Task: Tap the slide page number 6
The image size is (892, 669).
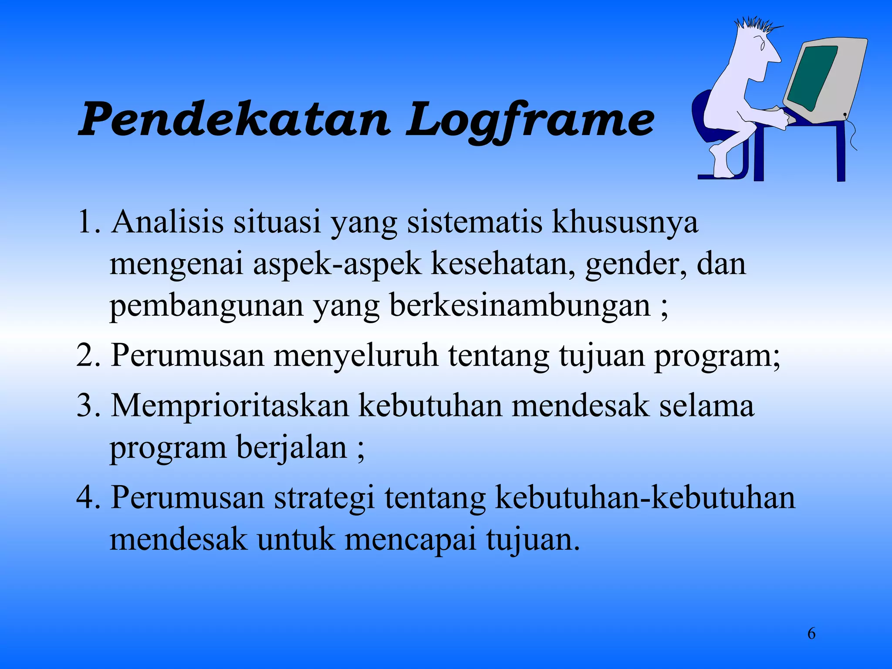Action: (811, 633)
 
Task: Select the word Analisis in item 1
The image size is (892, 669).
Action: (167, 222)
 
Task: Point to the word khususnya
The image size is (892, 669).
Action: (625, 223)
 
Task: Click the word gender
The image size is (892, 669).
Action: (636, 264)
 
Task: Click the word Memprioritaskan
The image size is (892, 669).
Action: (230, 405)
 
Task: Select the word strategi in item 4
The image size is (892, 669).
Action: (324, 497)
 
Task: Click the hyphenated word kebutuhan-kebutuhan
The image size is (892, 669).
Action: (645, 497)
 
